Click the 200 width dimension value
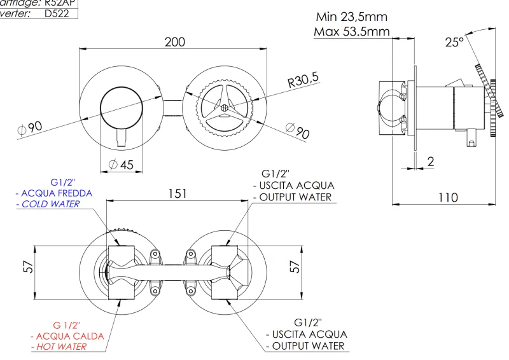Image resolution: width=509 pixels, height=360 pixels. coord(174,42)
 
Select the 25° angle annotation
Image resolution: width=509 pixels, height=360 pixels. coord(454,43)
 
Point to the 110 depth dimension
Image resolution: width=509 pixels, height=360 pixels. coord(448,198)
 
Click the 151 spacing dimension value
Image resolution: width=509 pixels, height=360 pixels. coord(177,193)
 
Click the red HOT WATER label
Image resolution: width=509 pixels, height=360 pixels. coord(59,347)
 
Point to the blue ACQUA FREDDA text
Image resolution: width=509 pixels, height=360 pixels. coord(57,193)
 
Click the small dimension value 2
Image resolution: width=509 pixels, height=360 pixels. coord(431,162)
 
